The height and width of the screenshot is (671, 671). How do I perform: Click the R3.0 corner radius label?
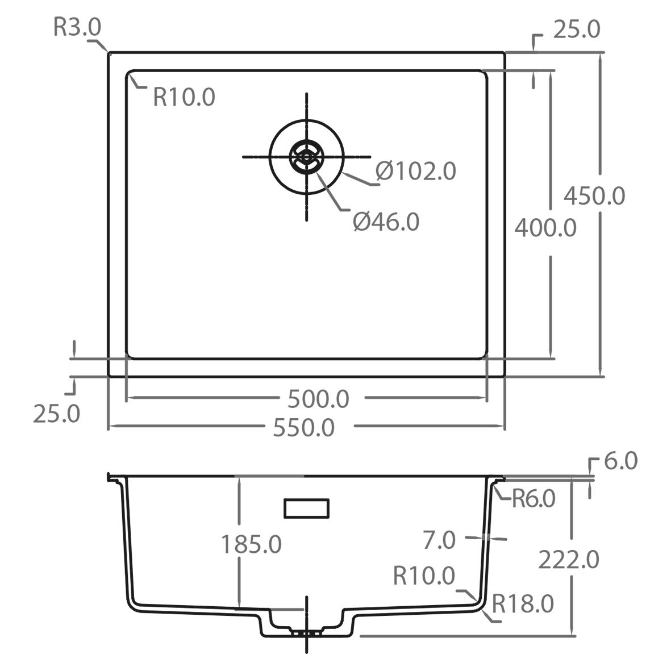click(77, 27)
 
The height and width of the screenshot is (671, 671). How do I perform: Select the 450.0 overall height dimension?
click(594, 196)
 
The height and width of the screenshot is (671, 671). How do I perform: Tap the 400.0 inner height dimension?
click(545, 228)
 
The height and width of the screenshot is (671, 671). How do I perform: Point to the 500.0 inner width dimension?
click(318, 399)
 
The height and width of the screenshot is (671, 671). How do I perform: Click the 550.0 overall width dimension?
click(304, 427)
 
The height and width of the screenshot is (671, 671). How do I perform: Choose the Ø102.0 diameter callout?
click(416, 171)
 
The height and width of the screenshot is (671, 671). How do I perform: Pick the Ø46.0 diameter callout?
click(386, 222)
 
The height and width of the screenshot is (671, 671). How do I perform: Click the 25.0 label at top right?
click(577, 30)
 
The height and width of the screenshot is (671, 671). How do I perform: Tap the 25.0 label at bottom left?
click(56, 414)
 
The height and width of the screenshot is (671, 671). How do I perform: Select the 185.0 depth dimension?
click(251, 545)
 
